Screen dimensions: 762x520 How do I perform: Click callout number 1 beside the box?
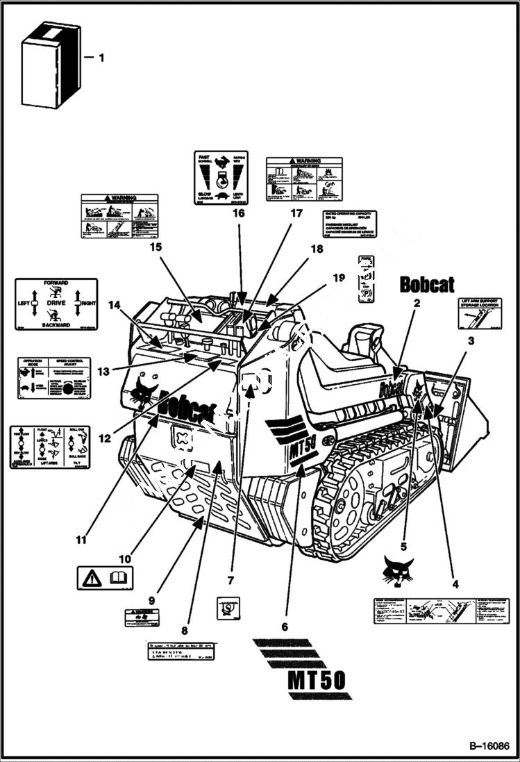point(101,58)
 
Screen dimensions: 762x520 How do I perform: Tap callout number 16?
point(238,213)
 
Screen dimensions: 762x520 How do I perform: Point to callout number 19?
point(338,278)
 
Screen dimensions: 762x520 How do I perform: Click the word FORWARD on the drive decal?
point(56,283)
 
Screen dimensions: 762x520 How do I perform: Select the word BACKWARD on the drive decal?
point(56,324)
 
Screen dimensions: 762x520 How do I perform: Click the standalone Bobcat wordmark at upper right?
point(427,284)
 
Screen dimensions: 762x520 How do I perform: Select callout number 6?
point(284,626)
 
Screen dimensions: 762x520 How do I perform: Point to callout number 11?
point(82,539)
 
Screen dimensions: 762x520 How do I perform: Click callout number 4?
point(455,584)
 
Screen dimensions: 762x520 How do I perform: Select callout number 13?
point(103,372)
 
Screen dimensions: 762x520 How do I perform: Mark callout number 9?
point(151,600)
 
